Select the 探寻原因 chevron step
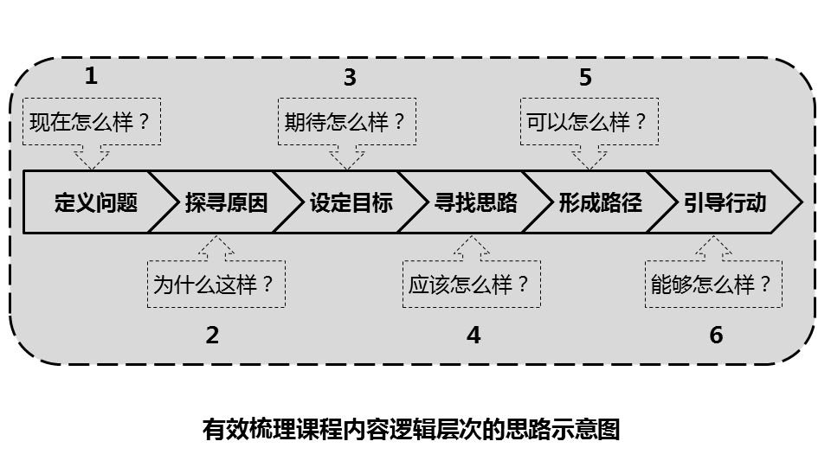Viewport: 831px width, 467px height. (226, 202)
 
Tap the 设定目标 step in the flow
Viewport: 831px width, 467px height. (351, 202)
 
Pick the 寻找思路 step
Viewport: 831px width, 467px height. (475, 202)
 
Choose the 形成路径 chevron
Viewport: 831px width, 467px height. (600, 202)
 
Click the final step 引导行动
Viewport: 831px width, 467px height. (725, 202)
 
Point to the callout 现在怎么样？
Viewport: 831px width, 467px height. (92, 121)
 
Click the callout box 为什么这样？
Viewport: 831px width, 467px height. (216, 285)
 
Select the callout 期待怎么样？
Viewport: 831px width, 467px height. (346, 121)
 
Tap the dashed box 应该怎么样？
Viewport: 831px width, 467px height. (472, 285)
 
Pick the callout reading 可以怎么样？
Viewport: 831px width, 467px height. (589, 121)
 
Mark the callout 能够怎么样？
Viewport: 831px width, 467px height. (713, 285)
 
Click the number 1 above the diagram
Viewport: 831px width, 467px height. (91, 76)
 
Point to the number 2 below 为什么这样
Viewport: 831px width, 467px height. (213, 336)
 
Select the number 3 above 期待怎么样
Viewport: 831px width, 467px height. (349, 78)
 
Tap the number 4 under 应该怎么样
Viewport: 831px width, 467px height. (473, 336)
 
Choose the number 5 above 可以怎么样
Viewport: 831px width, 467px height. (585, 78)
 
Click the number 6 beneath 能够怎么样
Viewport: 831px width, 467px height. (716, 336)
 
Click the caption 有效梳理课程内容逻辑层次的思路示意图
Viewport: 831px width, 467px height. (411, 429)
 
